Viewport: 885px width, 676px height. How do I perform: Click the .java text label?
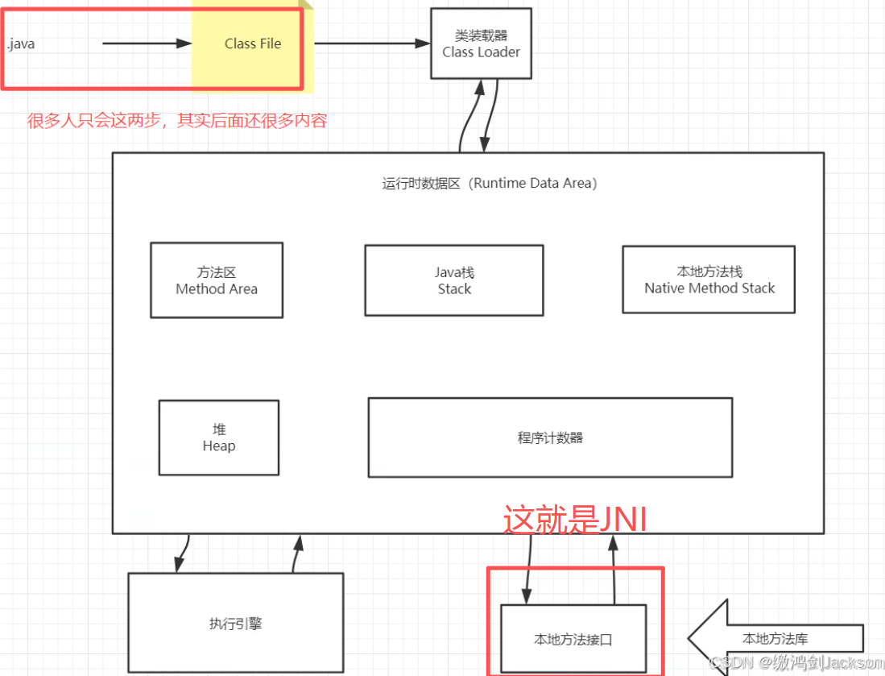(21, 44)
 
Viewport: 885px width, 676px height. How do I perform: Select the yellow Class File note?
(252, 44)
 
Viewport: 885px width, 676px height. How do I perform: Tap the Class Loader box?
(481, 44)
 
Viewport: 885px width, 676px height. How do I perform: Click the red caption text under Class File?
(177, 121)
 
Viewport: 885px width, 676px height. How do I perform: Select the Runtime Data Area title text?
(490, 183)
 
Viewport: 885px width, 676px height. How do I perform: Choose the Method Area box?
(217, 280)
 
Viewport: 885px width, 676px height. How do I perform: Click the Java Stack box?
(454, 280)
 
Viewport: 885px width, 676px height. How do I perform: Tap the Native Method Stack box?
(709, 280)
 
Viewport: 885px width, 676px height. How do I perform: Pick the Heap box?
(219, 438)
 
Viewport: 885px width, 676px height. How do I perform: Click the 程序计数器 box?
(550, 438)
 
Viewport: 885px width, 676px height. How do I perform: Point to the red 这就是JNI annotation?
(575, 520)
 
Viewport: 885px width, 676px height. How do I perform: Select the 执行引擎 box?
(235, 623)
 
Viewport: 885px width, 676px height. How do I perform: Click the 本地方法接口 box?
(573, 639)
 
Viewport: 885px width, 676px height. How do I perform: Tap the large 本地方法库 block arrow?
(773, 638)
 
